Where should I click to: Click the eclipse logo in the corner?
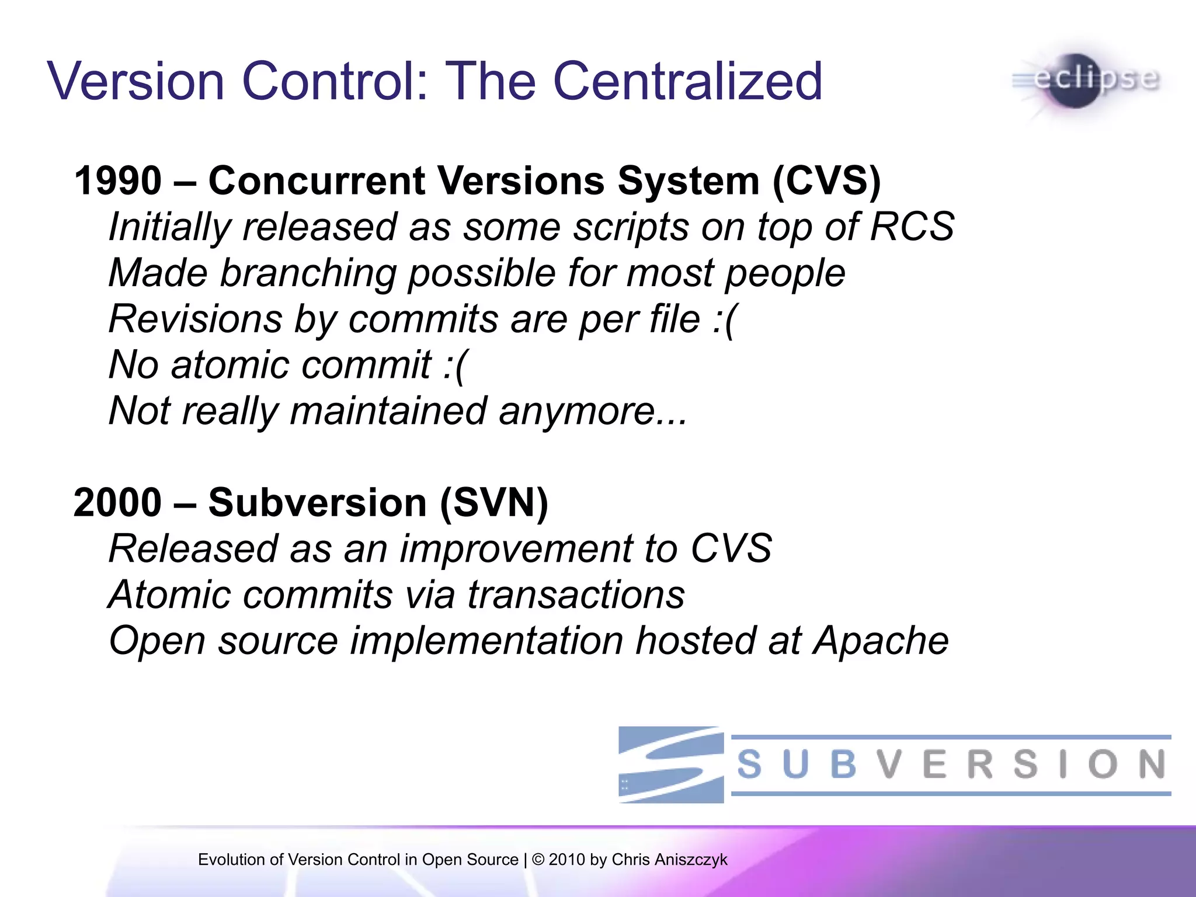(x=1086, y=81)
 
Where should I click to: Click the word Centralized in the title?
(x=687, y=81)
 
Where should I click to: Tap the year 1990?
(x=117, y=180)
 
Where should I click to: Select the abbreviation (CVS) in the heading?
(x=826, y=180)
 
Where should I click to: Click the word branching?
(x=308, y=273)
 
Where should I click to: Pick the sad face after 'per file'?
(x=725, y=319)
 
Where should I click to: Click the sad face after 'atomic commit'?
(x=456, y=366)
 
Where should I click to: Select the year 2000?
(x=117, y=503)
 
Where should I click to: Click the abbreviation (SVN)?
(x=494, y=503)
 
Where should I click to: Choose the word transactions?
(x=575, y=595)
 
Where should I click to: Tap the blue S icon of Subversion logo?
(x=671, y=764)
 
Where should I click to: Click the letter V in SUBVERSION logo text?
(x=889, y=764)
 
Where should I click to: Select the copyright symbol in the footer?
(x=538, y=860)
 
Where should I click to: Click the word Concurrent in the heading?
(x=316, y=180)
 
